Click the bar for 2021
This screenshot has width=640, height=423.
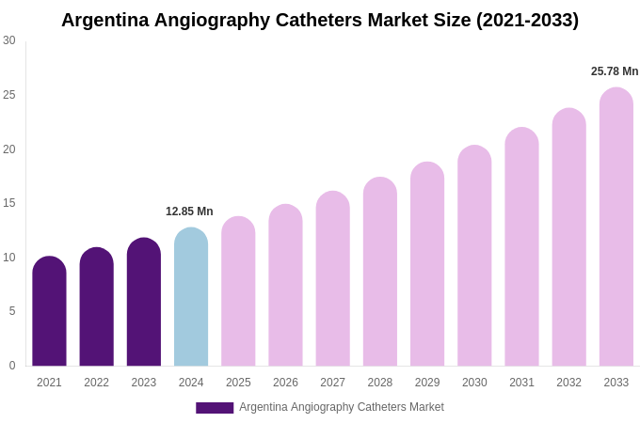click(49, 312)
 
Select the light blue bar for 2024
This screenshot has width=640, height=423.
click(191, 298)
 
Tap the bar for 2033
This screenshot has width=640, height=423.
click(616, 227)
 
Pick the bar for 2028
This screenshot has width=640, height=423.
click(380, 273)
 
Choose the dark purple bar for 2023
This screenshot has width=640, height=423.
click(144, 303)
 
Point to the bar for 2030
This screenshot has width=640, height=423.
click(474, 257)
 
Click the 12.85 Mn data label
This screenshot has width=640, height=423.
click(189, 211)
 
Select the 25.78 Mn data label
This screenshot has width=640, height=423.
click(615, 71)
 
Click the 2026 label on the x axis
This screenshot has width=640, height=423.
click(285, 383)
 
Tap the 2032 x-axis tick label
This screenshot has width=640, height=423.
click(568, 383)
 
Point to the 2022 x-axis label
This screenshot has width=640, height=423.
click(96, 383)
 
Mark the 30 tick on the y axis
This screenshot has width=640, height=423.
click(9, 40)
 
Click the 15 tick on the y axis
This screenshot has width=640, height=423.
click(9, 203)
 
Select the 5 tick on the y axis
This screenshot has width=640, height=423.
click(11, 311)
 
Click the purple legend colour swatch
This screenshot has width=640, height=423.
click(215, 408)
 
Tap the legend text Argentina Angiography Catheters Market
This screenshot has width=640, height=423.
click(342, 407)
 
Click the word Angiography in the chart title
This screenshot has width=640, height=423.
click(214, 20)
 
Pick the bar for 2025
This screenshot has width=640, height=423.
click(238, 292)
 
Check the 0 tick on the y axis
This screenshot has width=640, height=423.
click(11, 366)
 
